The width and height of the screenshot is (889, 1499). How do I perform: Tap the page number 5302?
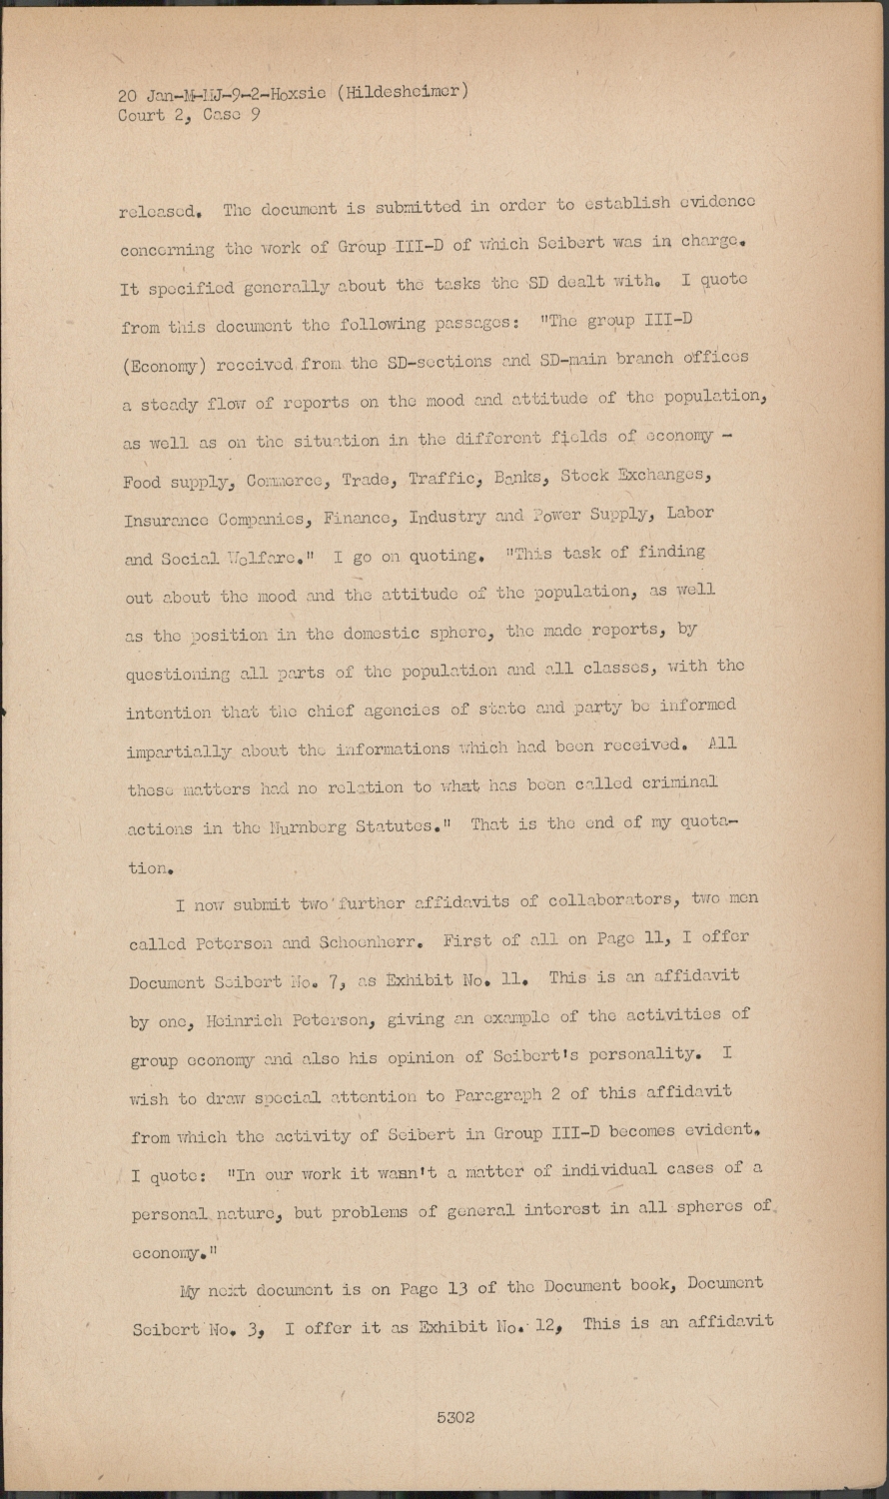pyautogui.click(x=454, y=1417)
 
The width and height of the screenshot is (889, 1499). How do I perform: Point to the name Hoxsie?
pyautogui.click(x=301, y=94)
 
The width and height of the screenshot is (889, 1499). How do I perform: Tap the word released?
pyautogui.click(x=162, y=211)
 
